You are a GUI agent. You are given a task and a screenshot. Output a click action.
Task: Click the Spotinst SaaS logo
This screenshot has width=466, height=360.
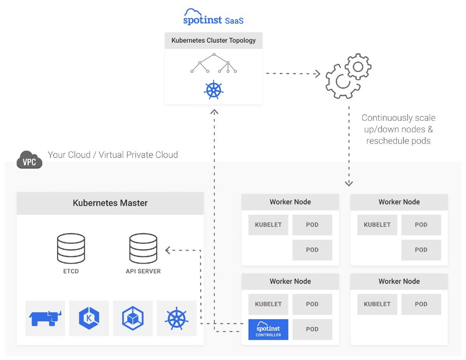click(213, 17)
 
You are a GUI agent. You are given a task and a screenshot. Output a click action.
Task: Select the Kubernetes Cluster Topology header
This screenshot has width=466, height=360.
click(214, 40)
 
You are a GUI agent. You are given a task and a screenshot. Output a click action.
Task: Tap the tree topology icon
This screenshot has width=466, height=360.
click(214, 63)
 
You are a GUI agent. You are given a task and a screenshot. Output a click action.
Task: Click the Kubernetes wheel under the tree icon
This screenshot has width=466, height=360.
click(214, 90)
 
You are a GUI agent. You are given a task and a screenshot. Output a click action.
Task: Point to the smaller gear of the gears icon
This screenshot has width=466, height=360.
click(358, 67)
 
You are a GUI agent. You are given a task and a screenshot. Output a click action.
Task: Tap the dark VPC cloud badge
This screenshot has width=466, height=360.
click(30, 160)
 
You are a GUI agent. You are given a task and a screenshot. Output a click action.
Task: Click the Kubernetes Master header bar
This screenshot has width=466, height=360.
click(110, 203)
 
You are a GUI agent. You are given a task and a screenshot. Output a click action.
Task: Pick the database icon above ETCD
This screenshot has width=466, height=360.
click(71, 249)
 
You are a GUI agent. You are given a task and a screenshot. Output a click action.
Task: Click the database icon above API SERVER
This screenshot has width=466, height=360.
click(143, 249)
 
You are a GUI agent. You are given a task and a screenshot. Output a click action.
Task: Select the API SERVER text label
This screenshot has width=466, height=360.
click(143, 271)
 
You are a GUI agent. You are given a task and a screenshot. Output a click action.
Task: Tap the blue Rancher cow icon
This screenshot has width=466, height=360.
click(45, 318)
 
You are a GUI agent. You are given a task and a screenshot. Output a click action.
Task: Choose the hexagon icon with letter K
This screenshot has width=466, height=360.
click(89, 318)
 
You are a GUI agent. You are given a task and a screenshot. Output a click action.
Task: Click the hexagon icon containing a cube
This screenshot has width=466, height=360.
click(133, 318)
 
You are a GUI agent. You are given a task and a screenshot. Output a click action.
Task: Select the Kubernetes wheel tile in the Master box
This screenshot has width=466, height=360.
click(177, 318)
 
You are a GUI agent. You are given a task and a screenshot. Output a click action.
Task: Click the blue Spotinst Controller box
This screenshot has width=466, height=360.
click(268, 329)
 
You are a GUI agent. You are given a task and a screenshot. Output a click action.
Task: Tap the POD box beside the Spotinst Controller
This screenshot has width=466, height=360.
click(312, 329)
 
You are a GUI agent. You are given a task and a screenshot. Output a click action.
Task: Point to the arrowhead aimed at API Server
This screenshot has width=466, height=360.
click(168, 250)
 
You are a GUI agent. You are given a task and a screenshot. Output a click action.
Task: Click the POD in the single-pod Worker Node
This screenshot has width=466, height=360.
click(421, 304)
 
